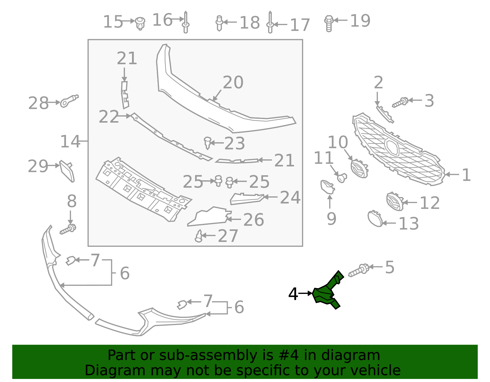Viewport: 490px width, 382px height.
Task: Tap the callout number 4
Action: (x=293, y=294)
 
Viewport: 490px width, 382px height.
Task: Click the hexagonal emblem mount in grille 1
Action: (x=392, y=146)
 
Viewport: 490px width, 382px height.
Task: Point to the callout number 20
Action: (x=233, y=83)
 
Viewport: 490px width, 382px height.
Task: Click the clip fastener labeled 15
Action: (x=140, y=23)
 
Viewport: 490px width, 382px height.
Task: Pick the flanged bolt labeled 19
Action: (x=329, y=23)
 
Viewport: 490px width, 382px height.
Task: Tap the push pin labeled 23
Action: (x=208, y=143)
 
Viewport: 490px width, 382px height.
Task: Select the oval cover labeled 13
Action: (x=375, y=219)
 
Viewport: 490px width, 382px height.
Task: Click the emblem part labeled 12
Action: (x=395, y=202)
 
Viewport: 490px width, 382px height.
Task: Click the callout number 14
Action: (x=70, y=142)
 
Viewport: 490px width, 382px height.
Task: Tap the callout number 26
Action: (x=254, y=220)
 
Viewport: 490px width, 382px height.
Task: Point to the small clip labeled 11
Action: (x=341, y=177)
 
